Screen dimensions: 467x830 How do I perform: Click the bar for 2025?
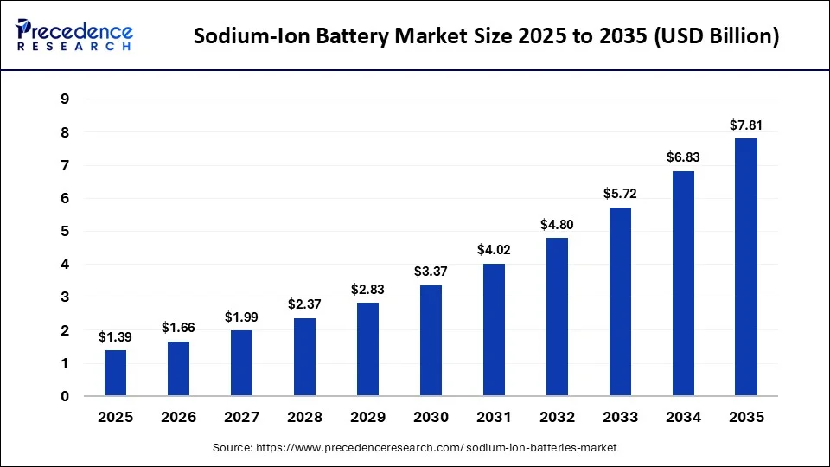pyautogui.click(x=115, y=373)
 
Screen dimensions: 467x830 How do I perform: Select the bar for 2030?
pyautogui.click(x=431, y=341)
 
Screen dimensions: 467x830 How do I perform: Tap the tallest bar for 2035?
pyautogui.click(x=746, y=267)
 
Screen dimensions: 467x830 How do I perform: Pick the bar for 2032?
pyautogui.click(x=557, y=317)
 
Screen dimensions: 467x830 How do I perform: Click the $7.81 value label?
pyautogui.click(x=746, y=125)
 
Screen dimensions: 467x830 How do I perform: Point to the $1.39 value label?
pyautogui.click(x=115, y=336)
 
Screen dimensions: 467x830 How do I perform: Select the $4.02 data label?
pyautogui.click(x=494, y=250)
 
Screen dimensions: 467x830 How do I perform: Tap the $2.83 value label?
pyautogui.click(x=367, y=289)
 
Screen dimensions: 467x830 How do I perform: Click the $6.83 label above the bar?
pyautogui.click(x=683, y=157)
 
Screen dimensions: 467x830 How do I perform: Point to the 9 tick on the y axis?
pyautogui.click(x=64, y=99)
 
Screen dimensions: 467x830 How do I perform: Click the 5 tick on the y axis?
pyautogui.click(x=64, y=232)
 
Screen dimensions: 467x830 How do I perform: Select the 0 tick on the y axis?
pyautogui.click(x=64, y=397)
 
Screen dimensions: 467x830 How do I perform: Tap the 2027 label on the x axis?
pyautogui.click(x=241, y=418)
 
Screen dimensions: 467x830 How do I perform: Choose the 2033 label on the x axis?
pyautogui.click(x=620, y=418)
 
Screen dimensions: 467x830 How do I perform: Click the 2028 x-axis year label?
pyautogui.click(x=304, y=418)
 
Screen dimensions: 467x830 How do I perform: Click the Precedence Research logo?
pyautogui.click(x=74, y=35)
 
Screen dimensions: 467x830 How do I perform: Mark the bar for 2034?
pyautogui.click(x=683, y=284)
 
